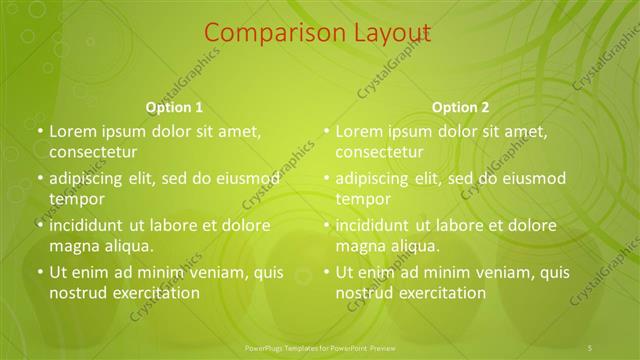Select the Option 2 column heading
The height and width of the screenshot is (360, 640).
coord(461,107)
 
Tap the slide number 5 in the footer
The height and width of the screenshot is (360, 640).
coord(591,347)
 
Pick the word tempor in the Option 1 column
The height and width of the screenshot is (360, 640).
coord(77,199)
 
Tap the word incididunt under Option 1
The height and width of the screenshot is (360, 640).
coord(87,226)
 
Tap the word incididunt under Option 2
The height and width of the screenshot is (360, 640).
coord(373,226)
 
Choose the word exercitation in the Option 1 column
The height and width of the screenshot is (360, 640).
coord(155,293)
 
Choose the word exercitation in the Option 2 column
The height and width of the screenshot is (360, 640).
coord(441,293)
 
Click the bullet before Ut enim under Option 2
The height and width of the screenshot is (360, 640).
coord(326,273)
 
